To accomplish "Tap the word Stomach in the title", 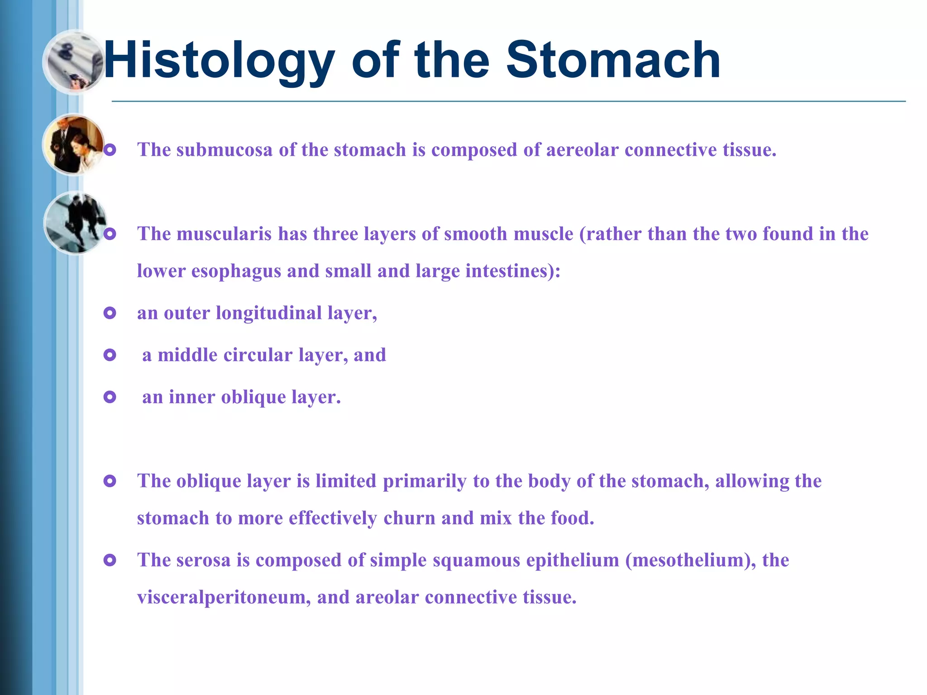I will point(613,60).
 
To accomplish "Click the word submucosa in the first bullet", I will point(224,150).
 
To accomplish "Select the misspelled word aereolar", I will point(582,150).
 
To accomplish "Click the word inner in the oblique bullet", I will point(192,397).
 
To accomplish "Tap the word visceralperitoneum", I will point(224,598).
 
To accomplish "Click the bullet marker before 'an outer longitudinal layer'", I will point(110,313).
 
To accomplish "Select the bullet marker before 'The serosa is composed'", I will point(110,561).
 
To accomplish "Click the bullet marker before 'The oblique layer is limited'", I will point(110,481).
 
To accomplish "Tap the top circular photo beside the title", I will point(75,62).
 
